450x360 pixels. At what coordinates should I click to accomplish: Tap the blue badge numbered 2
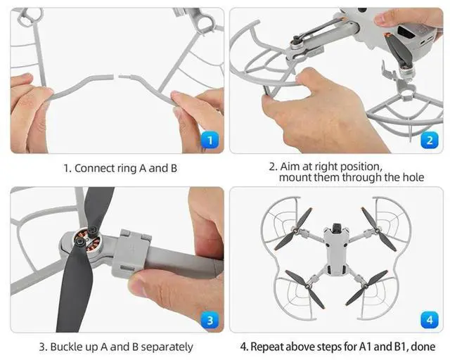click(429, 139)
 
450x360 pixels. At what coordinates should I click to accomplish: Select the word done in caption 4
click(422, 347)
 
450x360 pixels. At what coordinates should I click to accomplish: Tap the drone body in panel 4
click(335, 253)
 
